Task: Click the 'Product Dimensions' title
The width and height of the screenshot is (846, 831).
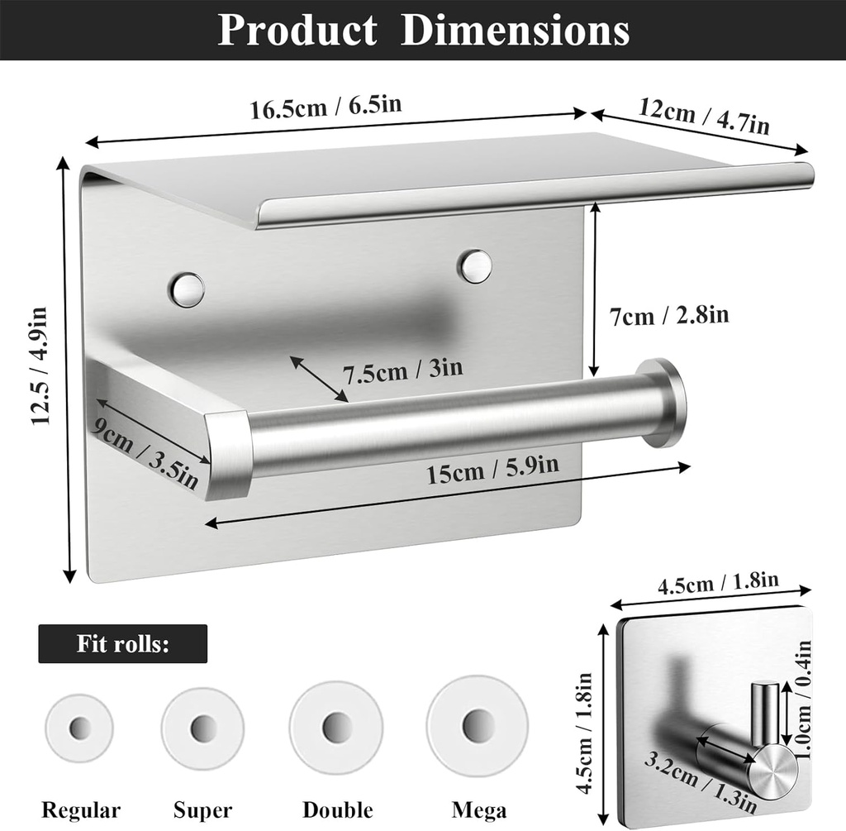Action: coord(423,31)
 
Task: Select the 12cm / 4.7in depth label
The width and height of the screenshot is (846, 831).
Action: coord(704,115)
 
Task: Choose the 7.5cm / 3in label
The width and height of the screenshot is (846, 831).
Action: coord(402,370)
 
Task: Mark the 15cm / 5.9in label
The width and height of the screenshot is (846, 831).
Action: coord(492,472)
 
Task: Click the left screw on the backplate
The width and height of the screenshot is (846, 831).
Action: coord(187,289)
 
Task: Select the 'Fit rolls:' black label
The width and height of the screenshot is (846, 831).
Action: coord(122,643)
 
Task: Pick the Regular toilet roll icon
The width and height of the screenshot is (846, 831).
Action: coord(80,728)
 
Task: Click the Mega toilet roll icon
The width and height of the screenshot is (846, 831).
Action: coord(477,725)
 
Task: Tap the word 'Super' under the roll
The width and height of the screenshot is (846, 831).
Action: coord(202,810)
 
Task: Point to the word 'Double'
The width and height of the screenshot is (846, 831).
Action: coord(337,810)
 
